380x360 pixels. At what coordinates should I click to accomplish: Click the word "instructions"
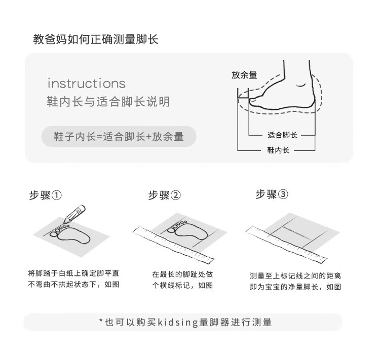click(x=87, y=84)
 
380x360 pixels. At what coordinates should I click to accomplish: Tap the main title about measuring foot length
click(x=96, y=39)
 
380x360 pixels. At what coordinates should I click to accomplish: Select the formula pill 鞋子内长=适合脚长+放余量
click(x=119, y=136)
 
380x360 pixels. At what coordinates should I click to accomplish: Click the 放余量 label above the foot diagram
click(x=244, y=75)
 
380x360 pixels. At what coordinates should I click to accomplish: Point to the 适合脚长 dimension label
click(x=282, y=135)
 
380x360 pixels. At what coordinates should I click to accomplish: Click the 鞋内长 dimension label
click(x=278, y=150)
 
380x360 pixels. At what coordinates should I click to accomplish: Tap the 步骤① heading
click(x=45, y=195)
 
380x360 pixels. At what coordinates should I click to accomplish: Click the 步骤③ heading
click(x=272, y=194)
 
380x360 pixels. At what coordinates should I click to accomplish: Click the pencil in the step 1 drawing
click(x=74, y=214)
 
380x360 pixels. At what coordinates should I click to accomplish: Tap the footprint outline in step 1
click(x=70, y=234)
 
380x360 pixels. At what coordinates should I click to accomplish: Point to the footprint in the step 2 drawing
click(x=187, y=231)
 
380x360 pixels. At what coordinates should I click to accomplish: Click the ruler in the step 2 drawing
click(x=173, y=245)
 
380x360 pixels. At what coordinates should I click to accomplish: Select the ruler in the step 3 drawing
click(x=287, y=245)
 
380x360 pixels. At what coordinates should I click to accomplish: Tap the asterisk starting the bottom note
click(x=101, y=321)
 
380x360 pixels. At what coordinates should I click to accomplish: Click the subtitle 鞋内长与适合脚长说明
click(x=108, y=101)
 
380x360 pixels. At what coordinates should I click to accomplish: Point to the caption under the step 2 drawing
click(x=182, y=280)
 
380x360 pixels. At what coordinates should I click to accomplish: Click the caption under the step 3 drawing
click(x=295, y=281)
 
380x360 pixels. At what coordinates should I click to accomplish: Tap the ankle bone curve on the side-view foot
click(x=301, y=85)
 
